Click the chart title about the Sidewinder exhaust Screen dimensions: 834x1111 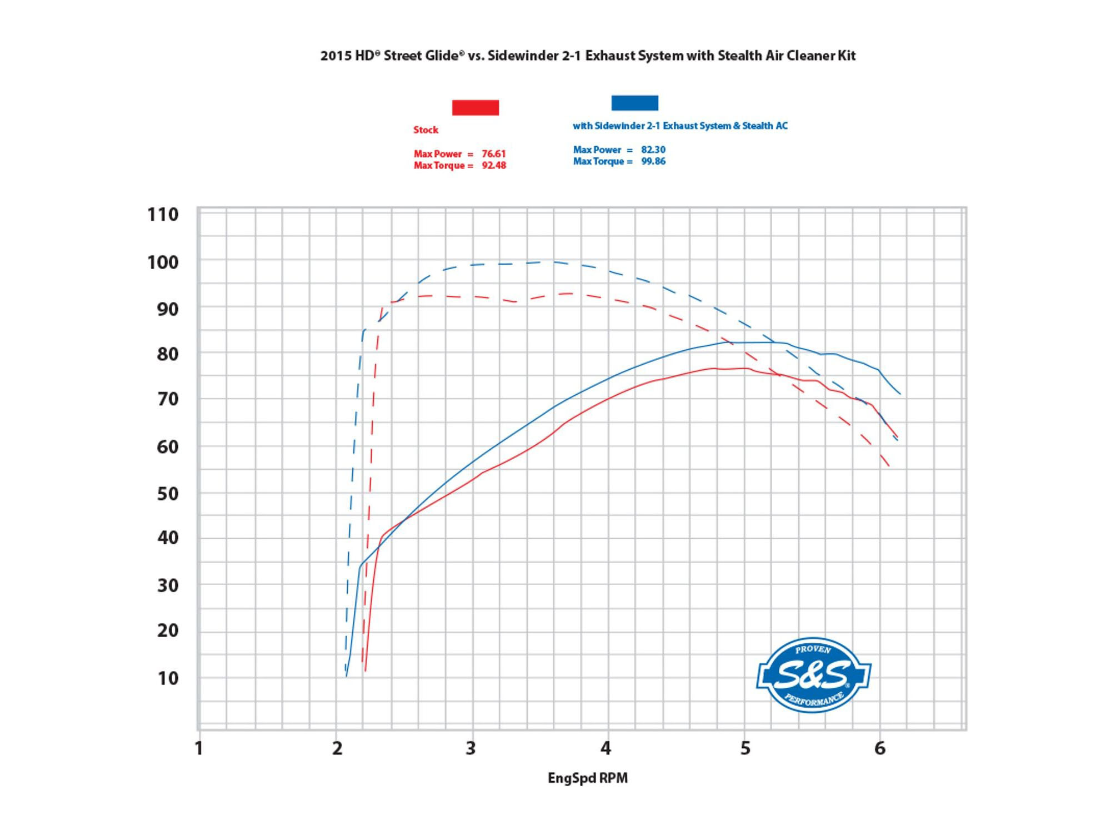(588, 56)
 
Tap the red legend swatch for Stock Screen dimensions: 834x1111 (476, 107)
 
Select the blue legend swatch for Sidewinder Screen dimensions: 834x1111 (634, 103)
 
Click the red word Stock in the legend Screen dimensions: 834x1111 (426, 130)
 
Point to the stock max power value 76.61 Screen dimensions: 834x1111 (494, 154)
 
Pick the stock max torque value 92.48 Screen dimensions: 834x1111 (494, 166)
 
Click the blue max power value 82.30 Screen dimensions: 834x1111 (653, 150)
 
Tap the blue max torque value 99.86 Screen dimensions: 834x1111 (653, 161)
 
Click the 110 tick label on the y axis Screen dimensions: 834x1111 (163, 215)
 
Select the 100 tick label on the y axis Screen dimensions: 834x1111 (163, 262)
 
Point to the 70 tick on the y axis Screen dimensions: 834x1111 (167, 399)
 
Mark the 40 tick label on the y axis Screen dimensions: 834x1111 (167, 538)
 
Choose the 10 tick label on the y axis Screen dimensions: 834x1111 (167, 678)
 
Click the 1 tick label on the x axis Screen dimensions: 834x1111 (199, 748)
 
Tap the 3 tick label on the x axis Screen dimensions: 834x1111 (471, 748)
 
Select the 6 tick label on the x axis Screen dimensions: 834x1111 (880, 748)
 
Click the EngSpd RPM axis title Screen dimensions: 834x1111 (588, 778)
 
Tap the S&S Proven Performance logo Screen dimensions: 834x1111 (813, 674)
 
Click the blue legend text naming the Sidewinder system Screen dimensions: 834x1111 (680, 126)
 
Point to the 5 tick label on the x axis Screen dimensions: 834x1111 (745, 748)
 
